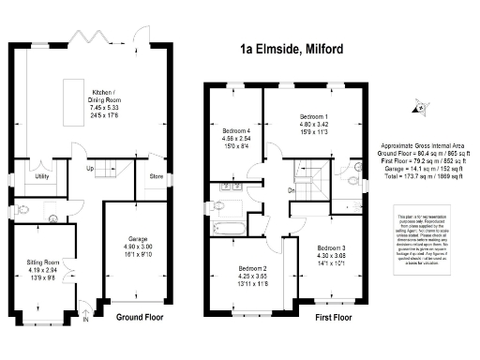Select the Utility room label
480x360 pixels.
tap(42, 175)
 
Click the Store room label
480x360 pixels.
tap(157, 175)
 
